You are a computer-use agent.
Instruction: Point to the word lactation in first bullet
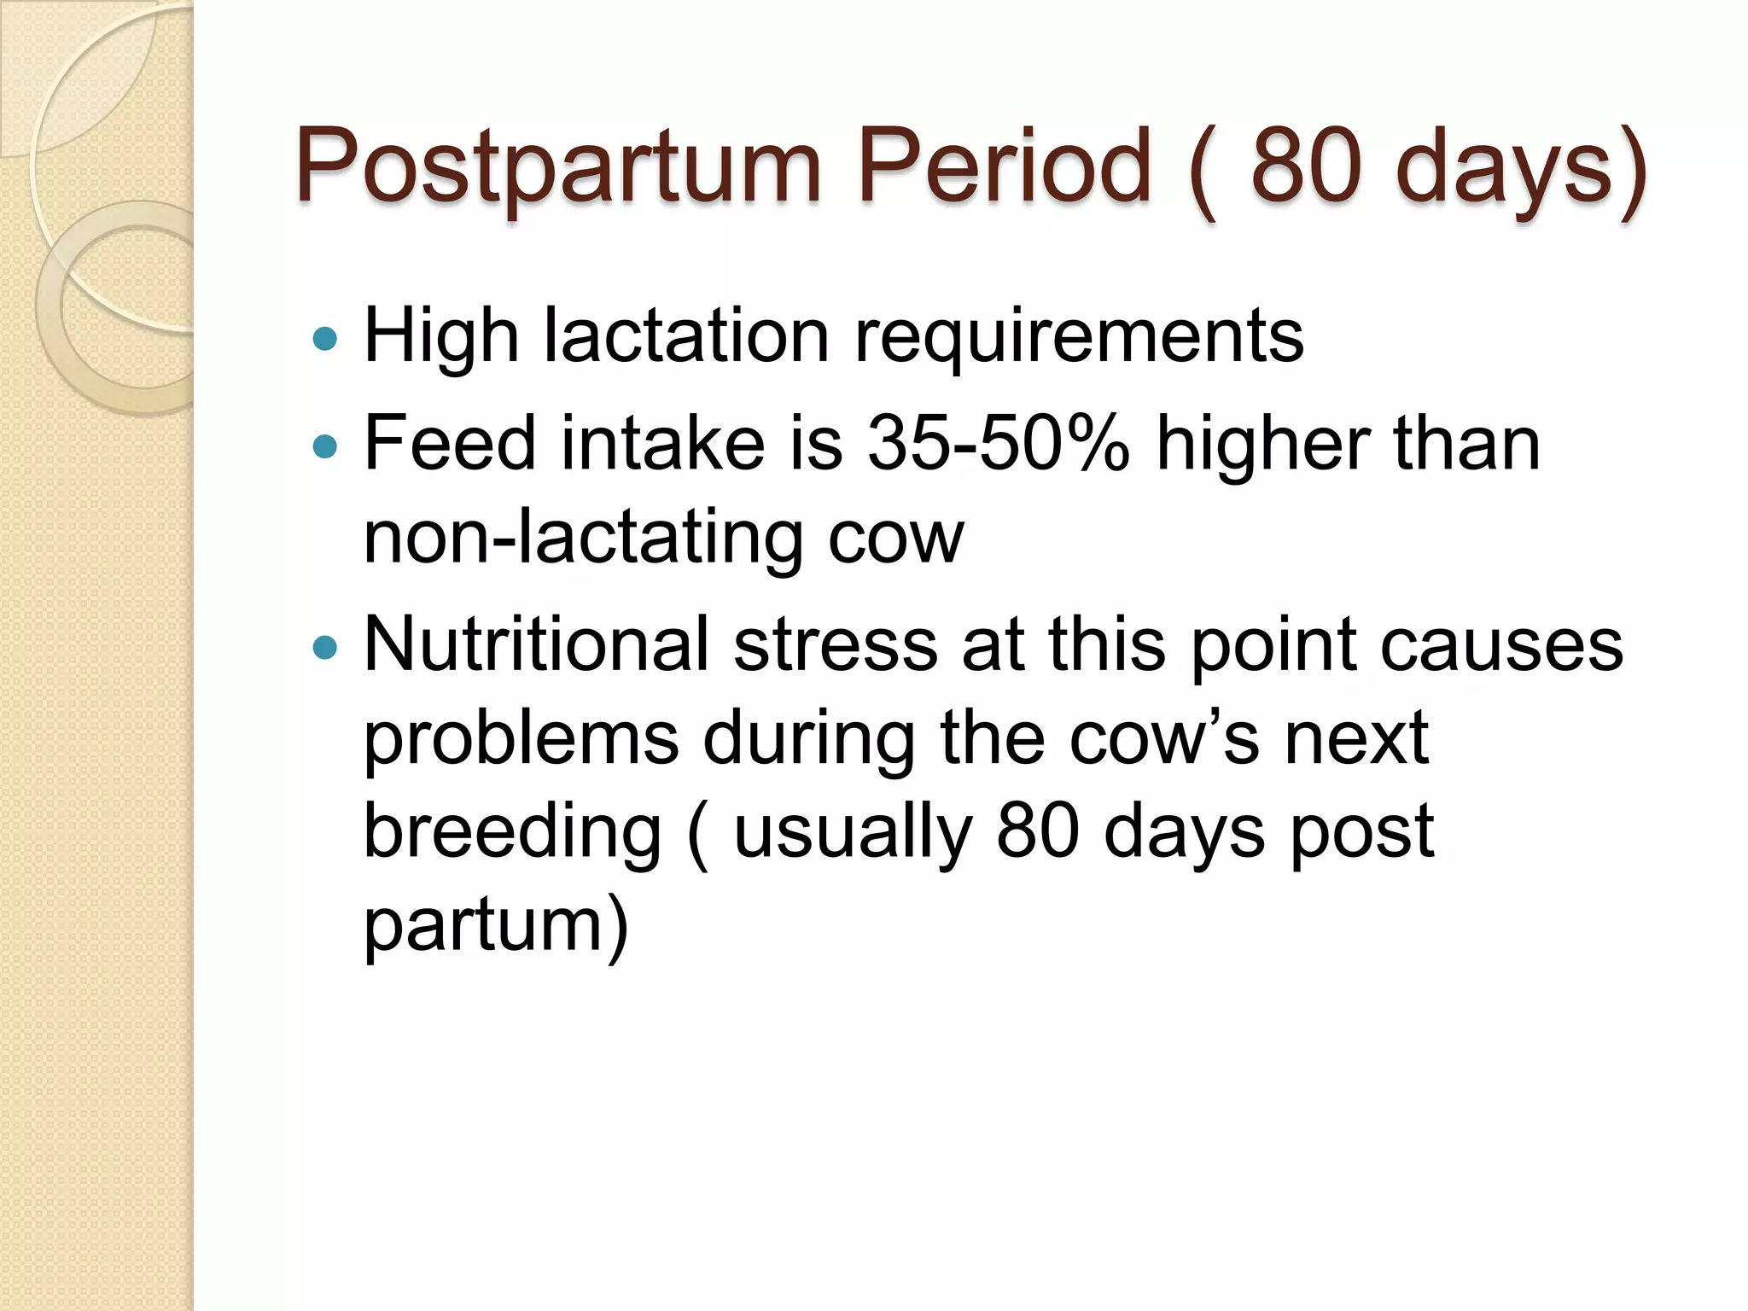(x=686, y=335)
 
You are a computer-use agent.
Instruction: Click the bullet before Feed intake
(x=325, y=446)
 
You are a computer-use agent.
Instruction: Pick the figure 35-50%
(x=999, y=443)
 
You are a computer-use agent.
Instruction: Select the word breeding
(x=512, y=833)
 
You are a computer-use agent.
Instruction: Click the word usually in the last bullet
(x=853, y=833)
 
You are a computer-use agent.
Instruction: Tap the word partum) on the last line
(x=496, y=927)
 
